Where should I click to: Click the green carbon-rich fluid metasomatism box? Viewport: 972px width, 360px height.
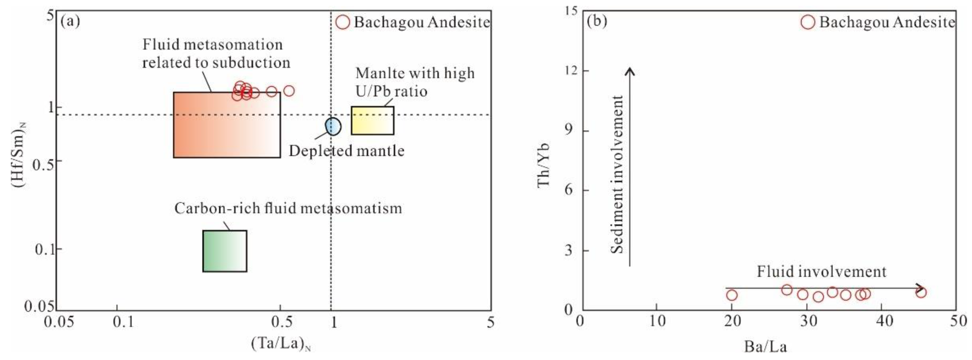point(225,251)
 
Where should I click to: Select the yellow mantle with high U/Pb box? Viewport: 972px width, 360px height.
point(372,120)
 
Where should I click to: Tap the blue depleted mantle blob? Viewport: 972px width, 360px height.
point(333,126)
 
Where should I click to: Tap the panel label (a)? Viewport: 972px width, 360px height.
point(70,21)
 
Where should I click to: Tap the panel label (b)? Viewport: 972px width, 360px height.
point(597,21)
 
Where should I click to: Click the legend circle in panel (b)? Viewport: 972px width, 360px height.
point(808,22)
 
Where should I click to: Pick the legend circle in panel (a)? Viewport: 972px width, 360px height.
point(343,22)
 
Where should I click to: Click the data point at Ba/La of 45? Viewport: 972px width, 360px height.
point(921,292)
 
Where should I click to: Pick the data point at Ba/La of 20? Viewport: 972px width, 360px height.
point(732,295)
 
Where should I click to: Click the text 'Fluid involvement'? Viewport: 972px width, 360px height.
point(822,272)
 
